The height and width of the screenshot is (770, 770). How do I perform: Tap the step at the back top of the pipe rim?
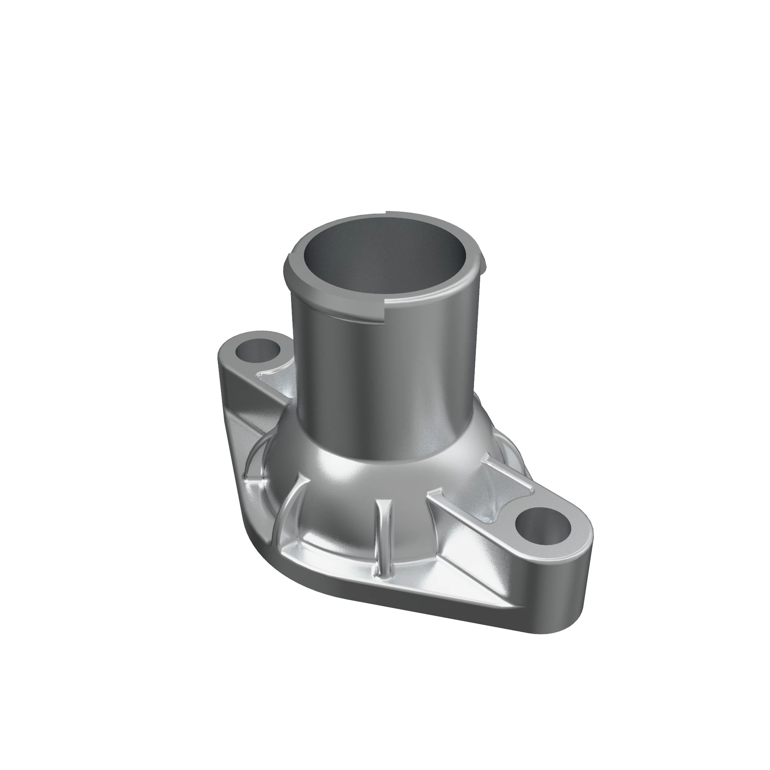click(387, 213)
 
